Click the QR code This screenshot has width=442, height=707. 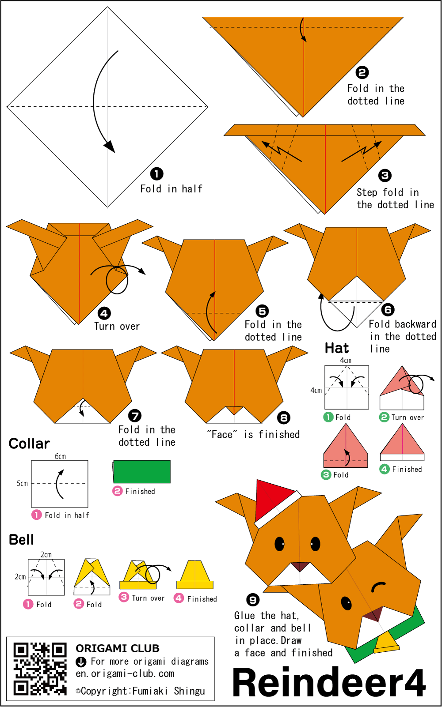click(40, 669)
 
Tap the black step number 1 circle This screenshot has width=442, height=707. click(156, 173)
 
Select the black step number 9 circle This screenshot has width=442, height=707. click(253, 600)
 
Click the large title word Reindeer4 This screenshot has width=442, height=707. click(329, 682)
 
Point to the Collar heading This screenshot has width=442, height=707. click(29, 444)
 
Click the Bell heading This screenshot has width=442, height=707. click(21, 540)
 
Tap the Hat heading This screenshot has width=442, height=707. click(337, 348)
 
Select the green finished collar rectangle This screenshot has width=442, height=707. click(141, 471)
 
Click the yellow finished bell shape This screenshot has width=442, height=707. click(195, 575)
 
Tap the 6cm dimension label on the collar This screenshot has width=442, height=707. click(60, 456)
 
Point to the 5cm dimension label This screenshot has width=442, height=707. click(22, 483)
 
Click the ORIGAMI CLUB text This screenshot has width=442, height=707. click(118, 648)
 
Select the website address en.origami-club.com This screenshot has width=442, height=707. click(125, 673)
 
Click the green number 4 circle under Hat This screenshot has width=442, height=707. click(384, 469)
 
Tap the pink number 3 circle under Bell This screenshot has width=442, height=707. click(124, 597)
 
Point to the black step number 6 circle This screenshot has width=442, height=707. click(388, 310)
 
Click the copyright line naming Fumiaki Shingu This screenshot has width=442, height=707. click(141, 691)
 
